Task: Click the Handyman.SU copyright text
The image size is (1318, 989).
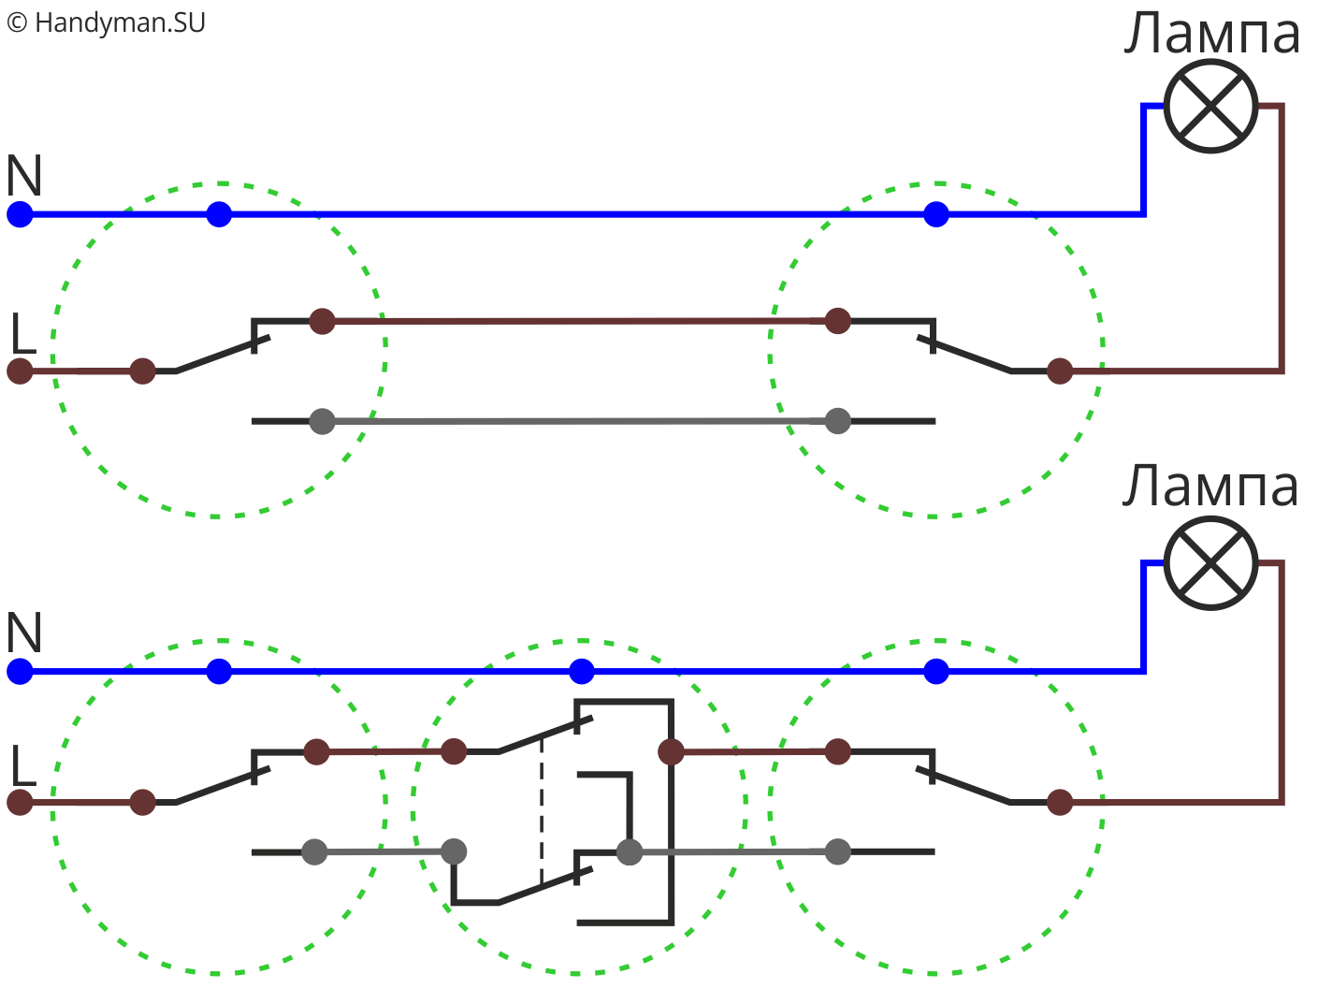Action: click(x=106, y=22)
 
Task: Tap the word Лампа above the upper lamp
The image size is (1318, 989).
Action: click(x=1211, y=34)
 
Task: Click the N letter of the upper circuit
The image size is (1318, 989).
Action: click(x=24, y=175)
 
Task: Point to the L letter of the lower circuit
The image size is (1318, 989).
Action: click(x=24, y=765)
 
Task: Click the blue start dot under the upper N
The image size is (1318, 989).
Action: click(x=20, y=214)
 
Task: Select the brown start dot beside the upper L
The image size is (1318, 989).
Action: click(x=20, y=371)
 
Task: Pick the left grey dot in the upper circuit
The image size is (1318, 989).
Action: click(x=322, y=422)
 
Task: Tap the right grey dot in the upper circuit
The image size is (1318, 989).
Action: click(x=837, y=421)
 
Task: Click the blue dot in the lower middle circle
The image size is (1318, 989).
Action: click(x=581, y=672)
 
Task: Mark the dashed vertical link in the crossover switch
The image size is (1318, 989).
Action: click(x=542, y=811)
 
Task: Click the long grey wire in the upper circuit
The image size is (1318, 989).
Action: click(x=579, y=422)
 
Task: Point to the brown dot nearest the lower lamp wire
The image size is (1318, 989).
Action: click(x=1059, y=802)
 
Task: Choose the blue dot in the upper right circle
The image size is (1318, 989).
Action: click(x=935, y=214)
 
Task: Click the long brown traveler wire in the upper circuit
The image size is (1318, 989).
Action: click(x=579, y=321)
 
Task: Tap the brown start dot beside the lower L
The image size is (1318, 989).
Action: click(x=20, y=802)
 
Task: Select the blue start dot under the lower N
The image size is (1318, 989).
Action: click(x=20, y=672)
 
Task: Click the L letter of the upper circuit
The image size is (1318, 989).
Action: click(x=24, y=333)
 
